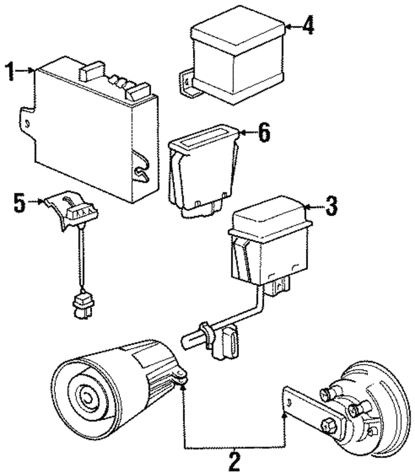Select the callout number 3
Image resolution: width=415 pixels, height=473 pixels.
pyautogui.click(x=331, y=207)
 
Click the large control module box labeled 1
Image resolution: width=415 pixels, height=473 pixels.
pyautogui.click(x=91, y=130)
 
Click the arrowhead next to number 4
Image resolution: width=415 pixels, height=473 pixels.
pyautogui.click(x=289, y=27)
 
